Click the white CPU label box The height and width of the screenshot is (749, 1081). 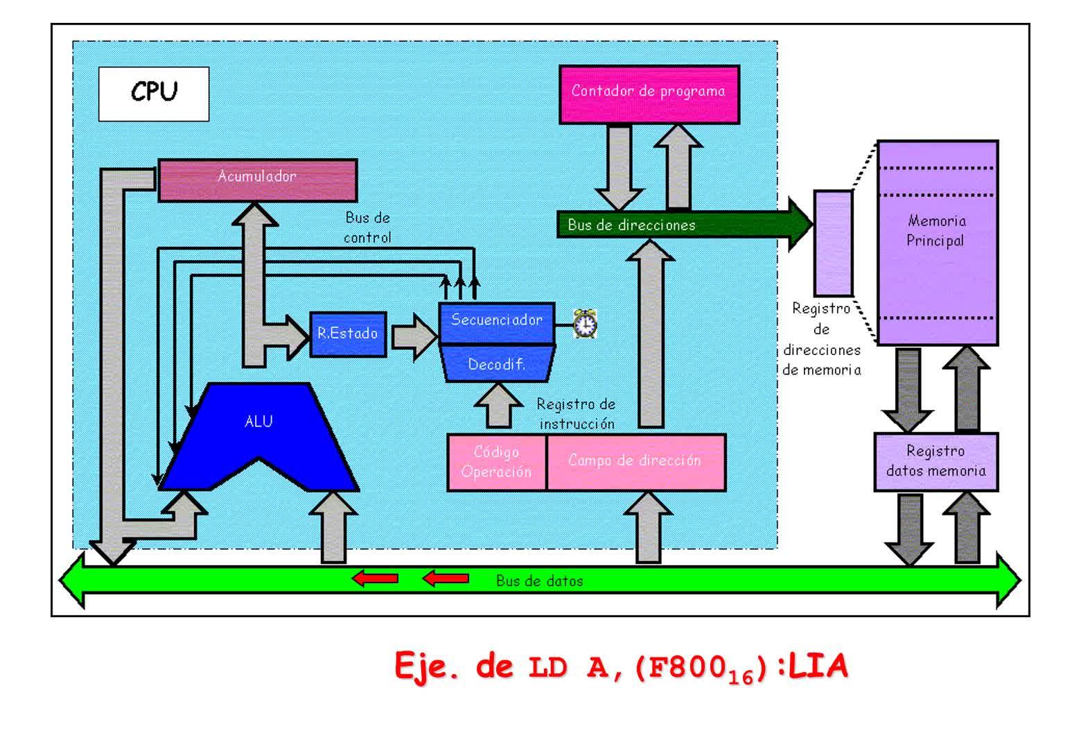[x=153, y=94]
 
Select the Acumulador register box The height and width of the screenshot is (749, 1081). [x=258, y=180]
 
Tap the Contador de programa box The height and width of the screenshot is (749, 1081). [x=649, y=94]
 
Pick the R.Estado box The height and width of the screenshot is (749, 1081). [x=348, y=334]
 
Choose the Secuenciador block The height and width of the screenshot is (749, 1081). [x=497, y=321]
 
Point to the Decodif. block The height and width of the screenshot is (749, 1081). [x=496, y=365]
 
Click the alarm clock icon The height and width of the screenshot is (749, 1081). [x=586, y=323]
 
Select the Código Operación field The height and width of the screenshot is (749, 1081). [x=496, y=463]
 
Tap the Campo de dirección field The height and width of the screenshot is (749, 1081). [x=635, y=463]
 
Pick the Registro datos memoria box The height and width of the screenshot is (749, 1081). [x=935, y=462]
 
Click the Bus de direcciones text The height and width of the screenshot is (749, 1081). [x=631, y=225]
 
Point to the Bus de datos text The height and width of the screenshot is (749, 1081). [x=540, y=581]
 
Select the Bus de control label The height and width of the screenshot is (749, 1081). [x=367, y=227]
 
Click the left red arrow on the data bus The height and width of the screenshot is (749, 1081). [x=375, y=578]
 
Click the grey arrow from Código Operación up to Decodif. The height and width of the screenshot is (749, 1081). [x=498, y=407]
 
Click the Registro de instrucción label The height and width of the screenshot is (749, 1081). [x=577, y=414]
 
